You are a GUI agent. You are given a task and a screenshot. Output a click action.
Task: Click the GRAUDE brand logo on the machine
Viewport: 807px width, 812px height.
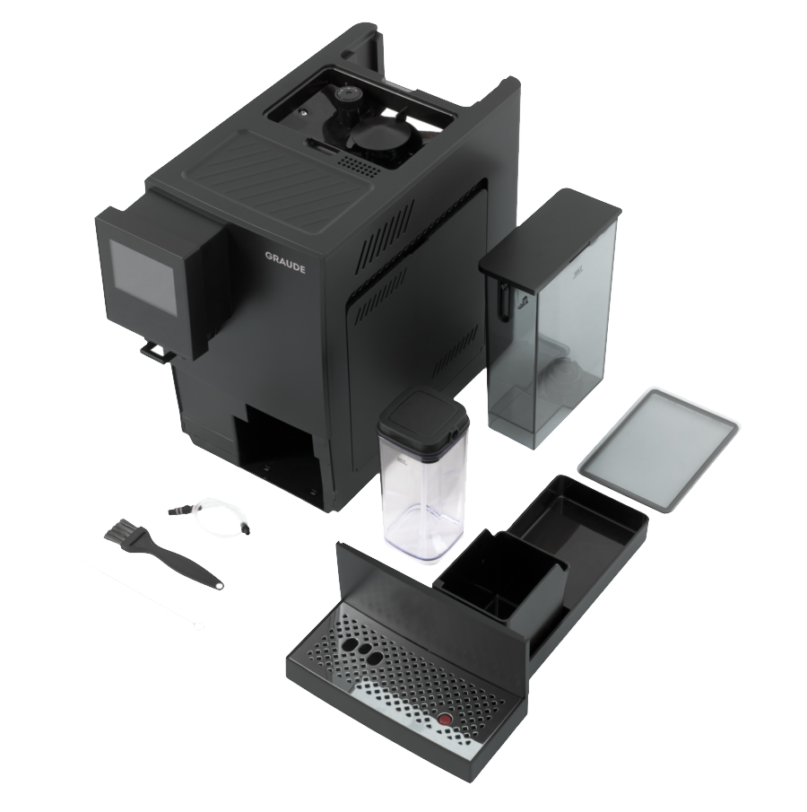285,263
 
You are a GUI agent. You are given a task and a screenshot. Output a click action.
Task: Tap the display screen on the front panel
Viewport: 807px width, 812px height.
143,280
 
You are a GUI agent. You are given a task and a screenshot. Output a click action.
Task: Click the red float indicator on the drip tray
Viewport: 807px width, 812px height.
444,720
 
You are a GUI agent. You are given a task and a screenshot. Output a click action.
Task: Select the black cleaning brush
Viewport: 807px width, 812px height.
162,554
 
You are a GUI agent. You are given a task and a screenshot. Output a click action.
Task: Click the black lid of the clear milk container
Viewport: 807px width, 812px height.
422,418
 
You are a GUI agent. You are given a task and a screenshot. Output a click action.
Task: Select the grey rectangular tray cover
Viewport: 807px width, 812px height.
657,450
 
